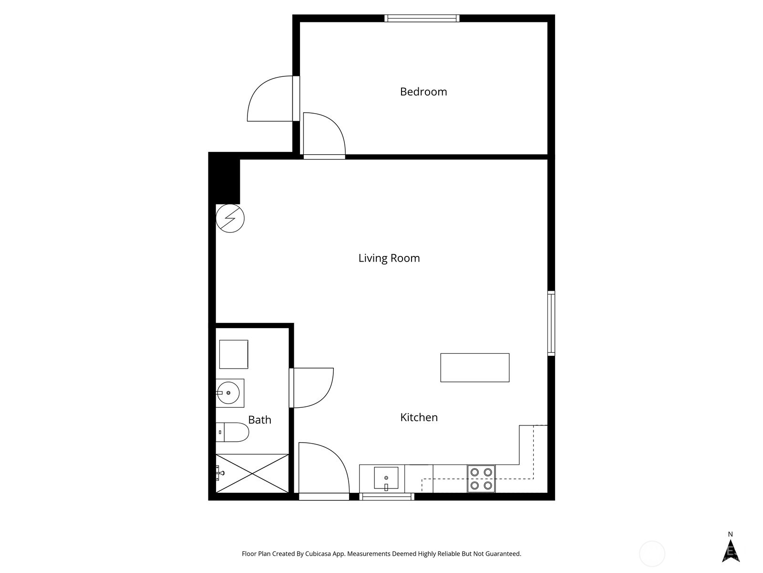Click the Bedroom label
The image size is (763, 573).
(x=423, y=92)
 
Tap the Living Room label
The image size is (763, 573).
(x=389, y=258)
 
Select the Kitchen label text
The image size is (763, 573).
(x=419, y=417)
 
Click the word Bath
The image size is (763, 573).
(x=259, y=420)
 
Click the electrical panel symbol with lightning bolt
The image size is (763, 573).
(x=230, y=218)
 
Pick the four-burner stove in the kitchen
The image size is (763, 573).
(x=481, y=479)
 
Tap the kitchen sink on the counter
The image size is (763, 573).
(x=386, y=479)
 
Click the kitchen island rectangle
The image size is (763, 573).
(x=474, y=368)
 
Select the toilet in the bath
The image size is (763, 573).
(x=232, y=432)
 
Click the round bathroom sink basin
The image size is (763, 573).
(x=228, y=393)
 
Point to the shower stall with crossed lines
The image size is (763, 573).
(x=252, y=473)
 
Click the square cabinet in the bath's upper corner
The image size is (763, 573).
(x=233, y=354)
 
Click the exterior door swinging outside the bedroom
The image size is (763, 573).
(x=269, y=99)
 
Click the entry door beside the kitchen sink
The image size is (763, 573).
(x=323, y=470)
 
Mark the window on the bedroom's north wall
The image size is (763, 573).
(x=422, y=19)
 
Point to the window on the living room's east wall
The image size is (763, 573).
(x=551, y=323)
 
